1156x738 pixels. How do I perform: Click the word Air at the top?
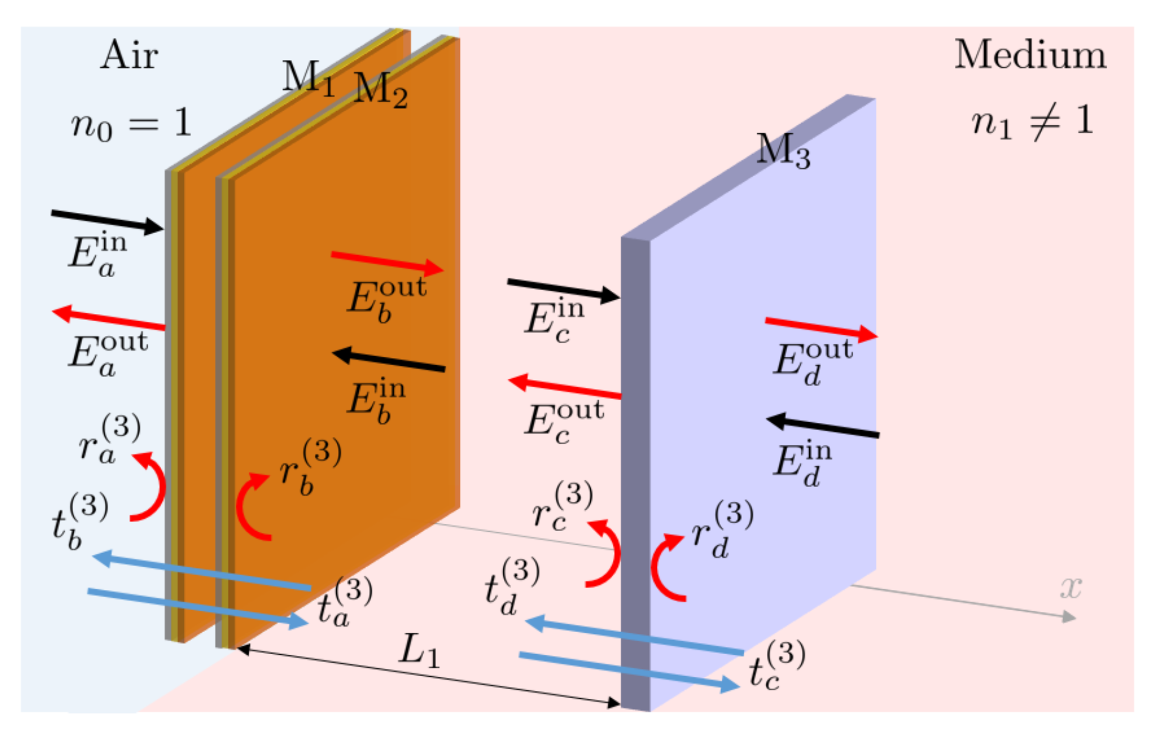click(x=129, y=56)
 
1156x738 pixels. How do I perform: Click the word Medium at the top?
click(x=1030, y=56)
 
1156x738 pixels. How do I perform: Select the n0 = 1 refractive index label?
click(x=131, y=124)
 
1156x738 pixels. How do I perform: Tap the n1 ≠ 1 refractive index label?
click(x=1032, y=122)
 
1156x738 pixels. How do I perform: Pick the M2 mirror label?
click(x=380, y=90)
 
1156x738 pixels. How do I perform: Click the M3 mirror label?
click(x=782, y=151)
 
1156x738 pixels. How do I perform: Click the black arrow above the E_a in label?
click(x=107, y=221)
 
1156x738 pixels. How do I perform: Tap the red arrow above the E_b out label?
click(x=387, y=262)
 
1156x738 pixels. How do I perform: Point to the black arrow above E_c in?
click(x=563, y=288)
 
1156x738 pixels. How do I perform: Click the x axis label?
click(x=1070, y=588)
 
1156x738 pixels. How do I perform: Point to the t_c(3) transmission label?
click(x=776, y=666)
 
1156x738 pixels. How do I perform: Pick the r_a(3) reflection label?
click(x=109, y=440)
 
